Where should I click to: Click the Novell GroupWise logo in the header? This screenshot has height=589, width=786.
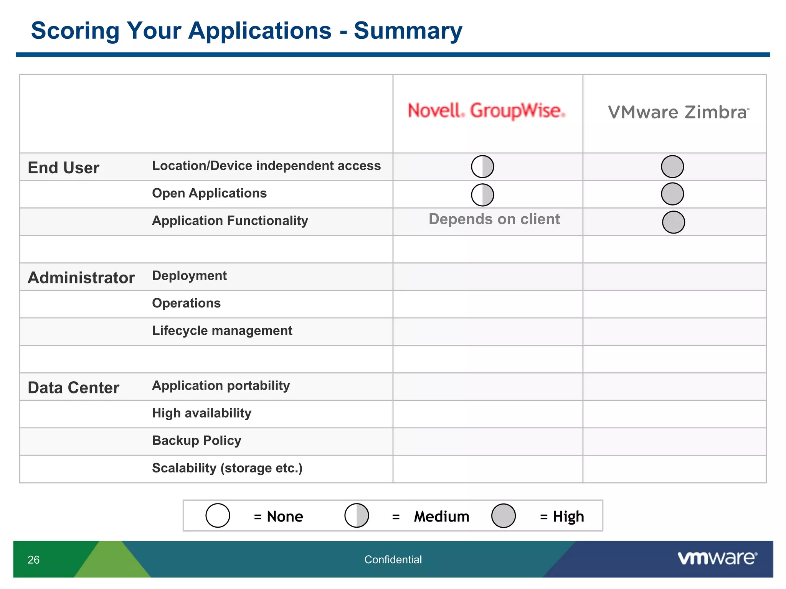coord(486,111)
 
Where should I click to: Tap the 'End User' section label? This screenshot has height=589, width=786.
coord(63,168)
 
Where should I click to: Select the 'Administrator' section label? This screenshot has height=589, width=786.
coord(81,278)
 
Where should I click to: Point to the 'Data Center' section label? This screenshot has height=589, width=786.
coord(73,388)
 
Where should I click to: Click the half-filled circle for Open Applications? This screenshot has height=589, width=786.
coord(482,195)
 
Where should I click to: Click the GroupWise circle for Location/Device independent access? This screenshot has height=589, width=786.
coord(482,166)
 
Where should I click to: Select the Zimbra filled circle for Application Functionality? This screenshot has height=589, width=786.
coord(673,222)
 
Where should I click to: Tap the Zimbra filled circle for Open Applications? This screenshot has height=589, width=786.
coord(672,194)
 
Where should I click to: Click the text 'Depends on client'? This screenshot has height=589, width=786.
coord(494,219)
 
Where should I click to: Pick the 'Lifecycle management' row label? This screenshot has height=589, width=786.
coord(222,331)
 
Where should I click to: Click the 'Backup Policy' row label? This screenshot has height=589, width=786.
coord(196,441)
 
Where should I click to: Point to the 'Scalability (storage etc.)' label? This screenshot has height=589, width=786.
coord(227,468)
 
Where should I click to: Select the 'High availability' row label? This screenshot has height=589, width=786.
coord(201,413)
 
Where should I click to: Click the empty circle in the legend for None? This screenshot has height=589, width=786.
coord(218,516)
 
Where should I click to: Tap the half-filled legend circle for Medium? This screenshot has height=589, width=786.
coord(357,516)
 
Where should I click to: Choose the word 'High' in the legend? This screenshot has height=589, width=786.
coord(568,517)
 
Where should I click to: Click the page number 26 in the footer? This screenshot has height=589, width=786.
coord(33,560)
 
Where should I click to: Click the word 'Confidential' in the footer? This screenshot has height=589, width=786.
coord(393,560)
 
